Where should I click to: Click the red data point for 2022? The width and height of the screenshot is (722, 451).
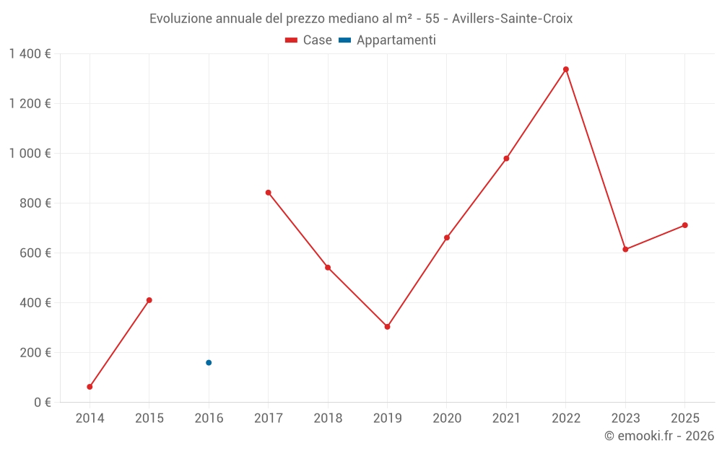566,69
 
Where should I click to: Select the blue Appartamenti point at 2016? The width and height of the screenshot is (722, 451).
209,363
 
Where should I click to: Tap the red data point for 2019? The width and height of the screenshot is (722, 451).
388,327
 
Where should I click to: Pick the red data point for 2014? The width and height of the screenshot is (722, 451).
90,387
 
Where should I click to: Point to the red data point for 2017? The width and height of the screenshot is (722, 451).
268,193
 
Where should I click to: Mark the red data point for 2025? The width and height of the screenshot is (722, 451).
685,225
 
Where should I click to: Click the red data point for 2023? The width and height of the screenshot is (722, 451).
625,250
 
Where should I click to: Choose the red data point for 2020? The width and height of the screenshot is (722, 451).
447,237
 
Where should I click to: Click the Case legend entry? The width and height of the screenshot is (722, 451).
309,40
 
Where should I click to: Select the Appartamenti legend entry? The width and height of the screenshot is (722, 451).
388,40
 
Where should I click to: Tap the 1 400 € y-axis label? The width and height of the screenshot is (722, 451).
30,54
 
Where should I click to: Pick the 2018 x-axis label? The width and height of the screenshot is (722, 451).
328,419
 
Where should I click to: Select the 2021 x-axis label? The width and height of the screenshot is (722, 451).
506,419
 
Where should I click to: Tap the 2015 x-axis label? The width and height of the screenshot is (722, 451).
149,419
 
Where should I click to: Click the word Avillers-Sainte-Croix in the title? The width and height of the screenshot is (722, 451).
513,19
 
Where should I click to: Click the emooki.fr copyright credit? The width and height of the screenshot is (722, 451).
659,436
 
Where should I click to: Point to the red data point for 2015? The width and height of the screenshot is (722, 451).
149,300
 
